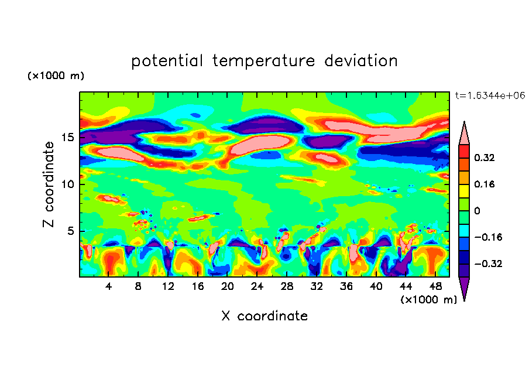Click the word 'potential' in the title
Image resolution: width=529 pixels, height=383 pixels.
167,61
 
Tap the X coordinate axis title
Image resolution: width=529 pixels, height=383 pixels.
264,316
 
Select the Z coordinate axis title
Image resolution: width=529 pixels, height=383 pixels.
49,184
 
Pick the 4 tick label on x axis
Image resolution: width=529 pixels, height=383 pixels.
109,286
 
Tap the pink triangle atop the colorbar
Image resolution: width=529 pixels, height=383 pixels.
464,133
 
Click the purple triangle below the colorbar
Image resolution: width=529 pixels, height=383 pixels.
464,287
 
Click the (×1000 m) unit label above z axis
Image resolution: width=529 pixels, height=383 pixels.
56,76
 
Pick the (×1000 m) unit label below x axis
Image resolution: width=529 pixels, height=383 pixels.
429,299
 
